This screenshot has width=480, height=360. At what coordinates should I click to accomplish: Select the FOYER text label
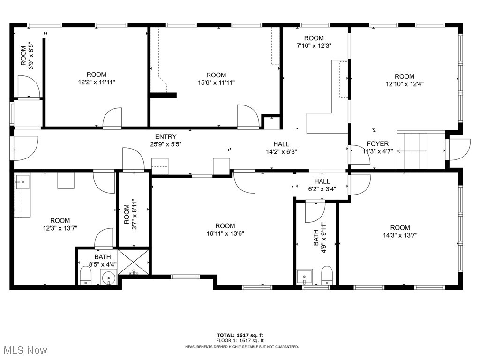pos(377,144)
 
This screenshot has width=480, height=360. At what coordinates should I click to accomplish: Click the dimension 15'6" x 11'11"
pos(216,82)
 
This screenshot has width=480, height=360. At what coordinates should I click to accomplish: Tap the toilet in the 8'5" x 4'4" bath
pos(86,276)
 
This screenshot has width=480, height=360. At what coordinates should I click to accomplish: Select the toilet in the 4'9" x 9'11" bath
pos(327,275)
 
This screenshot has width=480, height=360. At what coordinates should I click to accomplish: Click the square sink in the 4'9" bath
pos(305,277)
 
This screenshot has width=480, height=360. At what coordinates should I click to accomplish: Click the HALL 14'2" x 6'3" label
pos(281,148)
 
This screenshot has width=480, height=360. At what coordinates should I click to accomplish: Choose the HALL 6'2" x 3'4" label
pos(322,185)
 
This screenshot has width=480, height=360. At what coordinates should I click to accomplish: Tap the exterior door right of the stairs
pos(460,149)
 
